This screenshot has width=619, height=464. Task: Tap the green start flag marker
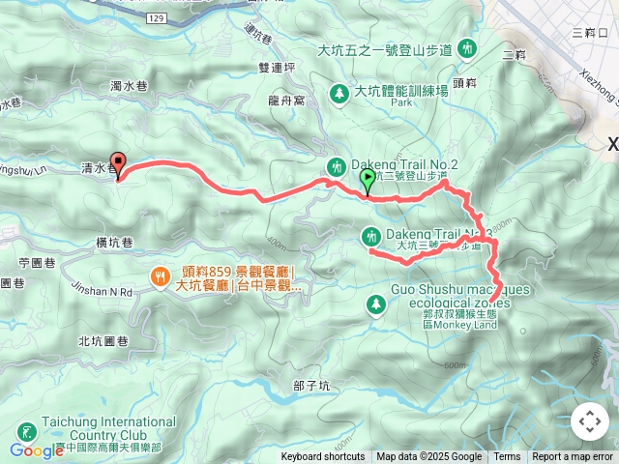pos(367,180)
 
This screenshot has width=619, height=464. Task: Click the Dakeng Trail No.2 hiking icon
pos(336,165)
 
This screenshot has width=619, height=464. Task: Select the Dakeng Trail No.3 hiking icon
pos(371,236)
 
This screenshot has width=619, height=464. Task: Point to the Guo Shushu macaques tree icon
pos(375,305)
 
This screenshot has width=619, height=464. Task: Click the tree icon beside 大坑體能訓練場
pos(339,93)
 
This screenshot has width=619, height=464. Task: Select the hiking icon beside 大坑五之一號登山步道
pos(468,47)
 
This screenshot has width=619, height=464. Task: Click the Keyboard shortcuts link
pos(323,457)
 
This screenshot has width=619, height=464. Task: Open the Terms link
pos(507,457)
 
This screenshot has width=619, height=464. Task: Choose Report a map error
pos(573,457)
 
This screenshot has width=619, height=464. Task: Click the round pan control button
pos(589,421)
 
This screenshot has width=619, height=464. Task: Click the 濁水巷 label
pos(128,87)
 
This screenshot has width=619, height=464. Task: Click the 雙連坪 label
pos(278,68)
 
